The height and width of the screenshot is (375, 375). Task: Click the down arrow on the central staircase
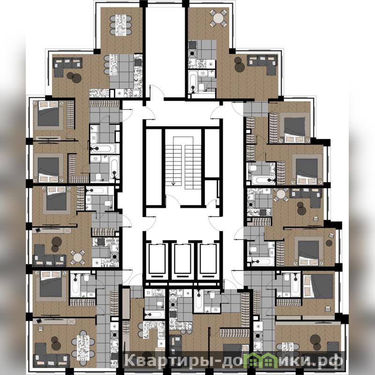(173, 183)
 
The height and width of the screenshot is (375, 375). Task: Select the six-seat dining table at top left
(121, 25)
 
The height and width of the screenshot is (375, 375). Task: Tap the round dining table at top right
(218, 18)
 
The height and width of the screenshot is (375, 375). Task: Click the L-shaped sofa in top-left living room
(67, 67)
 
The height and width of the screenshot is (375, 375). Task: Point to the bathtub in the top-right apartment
(193, 81)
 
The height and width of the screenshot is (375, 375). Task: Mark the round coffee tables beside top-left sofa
(75, 77)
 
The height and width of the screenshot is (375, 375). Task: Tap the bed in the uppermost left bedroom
(48, 113)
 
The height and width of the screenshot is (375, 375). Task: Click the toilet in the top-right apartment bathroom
(202, 87)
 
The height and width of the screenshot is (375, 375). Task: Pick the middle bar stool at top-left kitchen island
(106, 65)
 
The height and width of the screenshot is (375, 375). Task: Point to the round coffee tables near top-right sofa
(239, 65)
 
